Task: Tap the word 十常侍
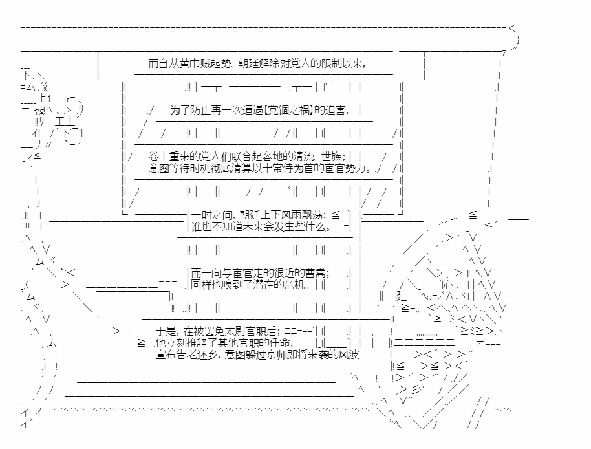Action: coord(288,169)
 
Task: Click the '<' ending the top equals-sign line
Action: coord(512,28)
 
